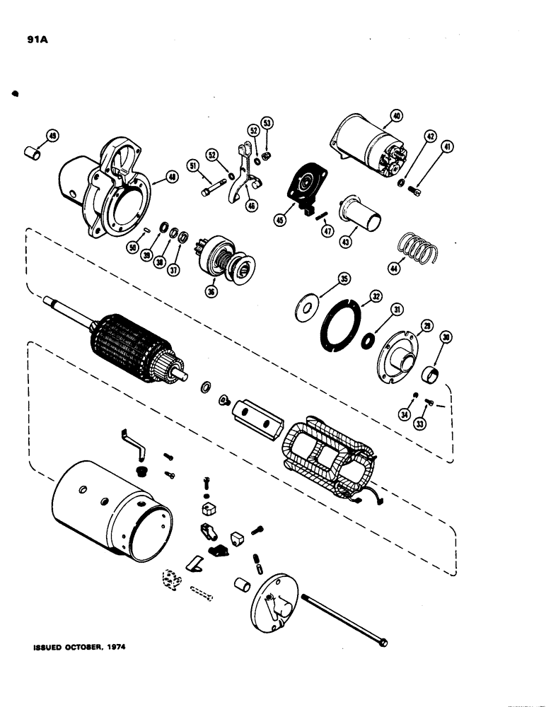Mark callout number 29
click(x=426, y=325)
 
